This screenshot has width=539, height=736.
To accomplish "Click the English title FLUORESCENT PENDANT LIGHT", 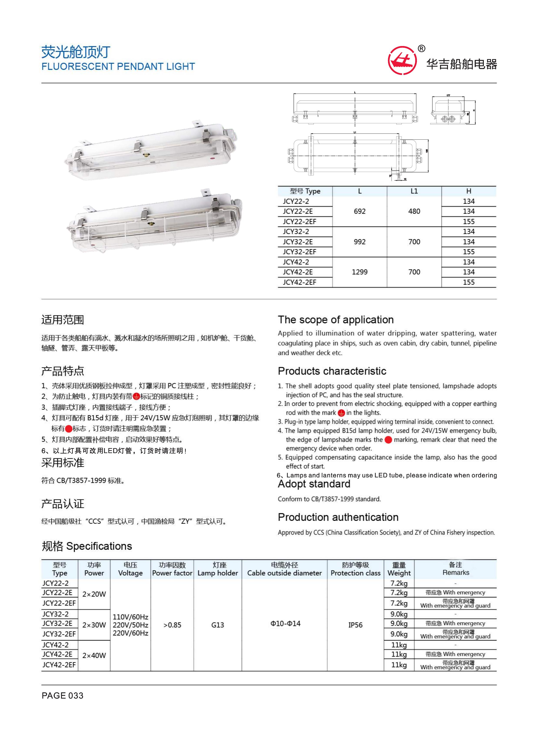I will pos(118,66).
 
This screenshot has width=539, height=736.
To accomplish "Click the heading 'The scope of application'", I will pos(335,320).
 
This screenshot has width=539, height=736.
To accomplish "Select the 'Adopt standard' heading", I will pos(314,484).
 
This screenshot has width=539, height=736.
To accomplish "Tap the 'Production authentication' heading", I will pos(338,517).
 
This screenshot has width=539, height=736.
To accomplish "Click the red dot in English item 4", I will pos(388,440).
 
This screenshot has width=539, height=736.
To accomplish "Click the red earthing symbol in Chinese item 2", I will pos(136,396).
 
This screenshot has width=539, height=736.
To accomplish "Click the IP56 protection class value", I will pos(355,625).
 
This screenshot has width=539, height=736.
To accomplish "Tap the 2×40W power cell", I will pos(94,655).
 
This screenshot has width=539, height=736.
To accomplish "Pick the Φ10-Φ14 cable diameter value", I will pos(285,624).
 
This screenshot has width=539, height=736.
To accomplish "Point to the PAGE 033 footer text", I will pos(62,696).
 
